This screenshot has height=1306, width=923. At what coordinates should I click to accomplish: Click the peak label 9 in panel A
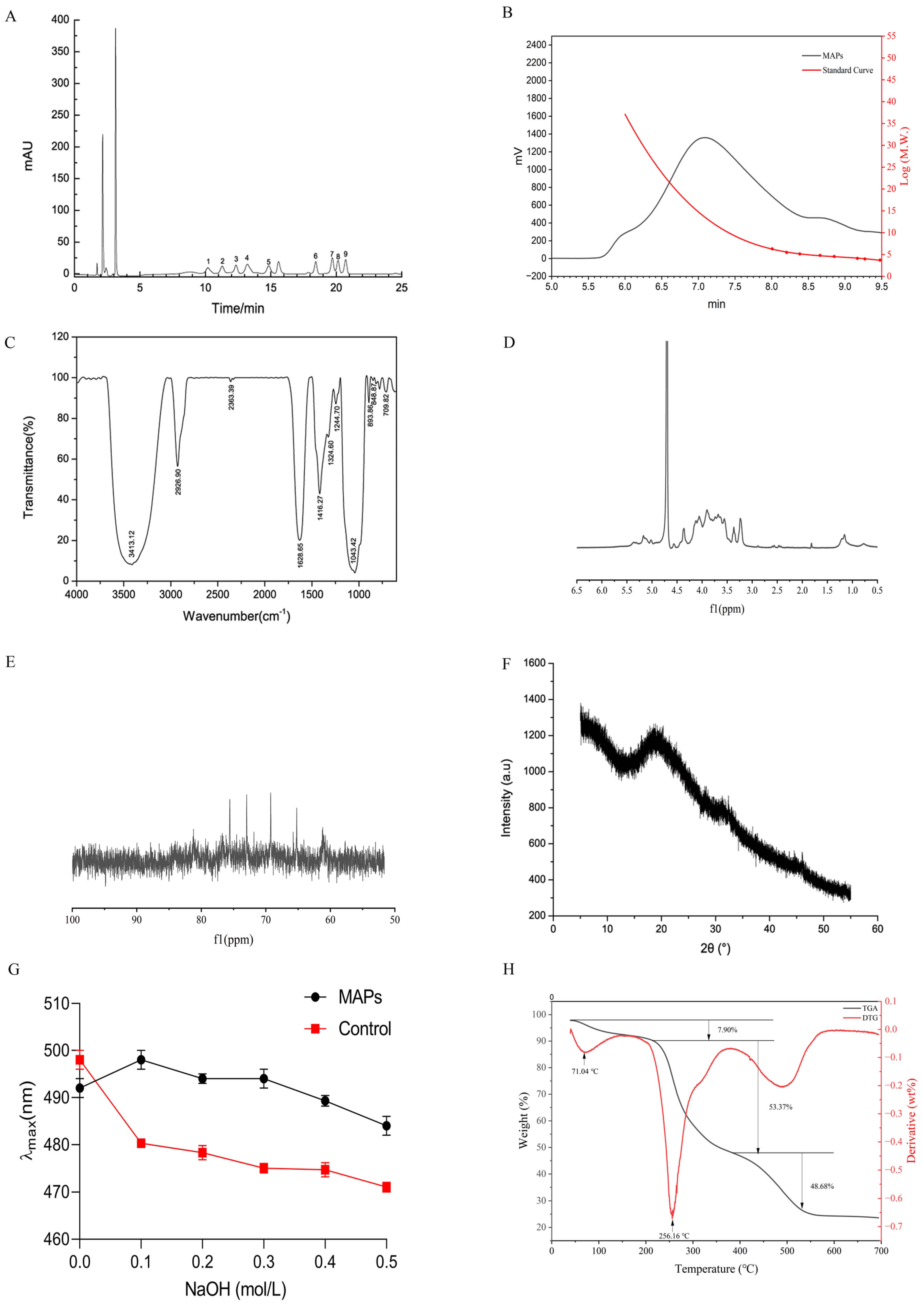pyautogui.click(x=345, y=254)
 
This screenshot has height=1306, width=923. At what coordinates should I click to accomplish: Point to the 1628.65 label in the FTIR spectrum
pyautogui.click(x=300, y=554)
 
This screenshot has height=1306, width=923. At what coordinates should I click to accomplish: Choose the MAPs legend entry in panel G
pyautogui.click(x=359, y=997)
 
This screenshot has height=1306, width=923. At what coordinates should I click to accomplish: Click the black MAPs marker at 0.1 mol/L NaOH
pyautogui.click(x=141, y=1060)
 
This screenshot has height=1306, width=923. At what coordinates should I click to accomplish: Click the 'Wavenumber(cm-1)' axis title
pyautogui.click(x=236, y=616)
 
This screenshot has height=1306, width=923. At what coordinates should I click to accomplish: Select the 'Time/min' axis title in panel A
pyautogui.click(x=238, y=308)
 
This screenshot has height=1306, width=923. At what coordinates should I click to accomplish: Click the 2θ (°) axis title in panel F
pyautogui.click(x=715, y=948)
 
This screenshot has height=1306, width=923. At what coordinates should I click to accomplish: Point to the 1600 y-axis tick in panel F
pyautogui.click(x=534, y=663)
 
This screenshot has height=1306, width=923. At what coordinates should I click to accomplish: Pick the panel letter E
pyautogui.click(x=10, y=662)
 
